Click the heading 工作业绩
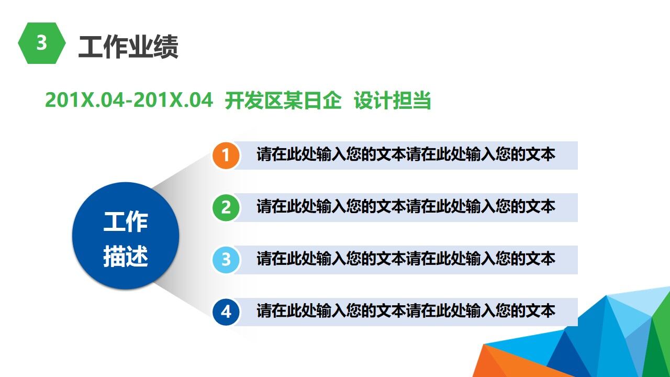tap(128, 47)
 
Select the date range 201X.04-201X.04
tap(129, 100)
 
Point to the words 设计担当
tap(393, 101)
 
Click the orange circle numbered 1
tap(226, 156)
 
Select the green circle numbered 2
tap(226, 207)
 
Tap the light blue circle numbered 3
tap(226, 260)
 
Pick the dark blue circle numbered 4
tap(226, 312)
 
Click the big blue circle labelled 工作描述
tap(126, 236)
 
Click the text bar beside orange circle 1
tap(406, 155)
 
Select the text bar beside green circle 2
tap(406, 207)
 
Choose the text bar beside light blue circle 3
tap(406, 259)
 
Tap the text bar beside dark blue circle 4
tap(406, 312)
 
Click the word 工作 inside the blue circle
tap(126, 222)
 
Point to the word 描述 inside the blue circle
tap(126, 257)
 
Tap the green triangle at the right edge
tap(661, 340)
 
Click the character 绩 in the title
tap(166, 47)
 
